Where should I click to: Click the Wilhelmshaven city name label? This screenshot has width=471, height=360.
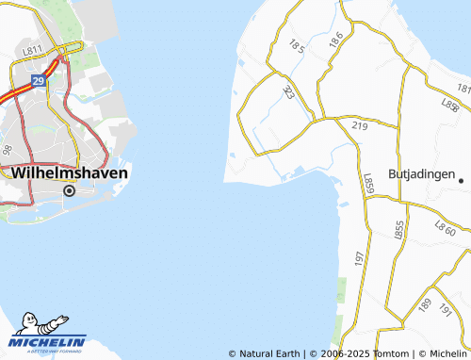coord(70,173)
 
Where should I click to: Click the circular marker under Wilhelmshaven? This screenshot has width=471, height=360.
coord(69,190)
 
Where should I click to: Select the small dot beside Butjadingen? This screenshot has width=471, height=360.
coord(463,177)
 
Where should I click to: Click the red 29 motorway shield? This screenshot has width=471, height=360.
coord(40,82)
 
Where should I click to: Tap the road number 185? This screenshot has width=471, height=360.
coord(298,45)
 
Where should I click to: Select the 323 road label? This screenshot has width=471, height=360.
coord(289,91)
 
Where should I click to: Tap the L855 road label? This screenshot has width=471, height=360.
coord(399,229)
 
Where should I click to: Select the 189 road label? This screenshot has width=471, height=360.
coord(426,305)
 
